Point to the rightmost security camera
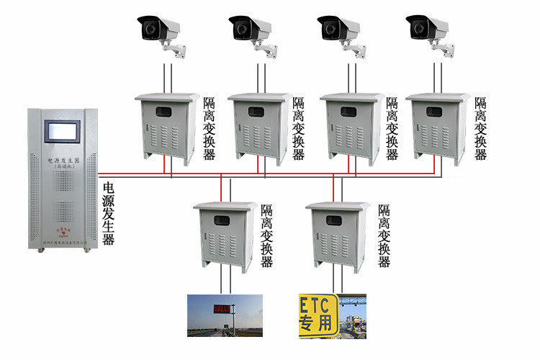click(431, 30)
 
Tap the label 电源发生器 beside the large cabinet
click(109, 214)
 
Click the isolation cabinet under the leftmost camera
click(167, 128)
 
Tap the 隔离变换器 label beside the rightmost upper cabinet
click(480, 129)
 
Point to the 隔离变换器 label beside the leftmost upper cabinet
click(210, 129)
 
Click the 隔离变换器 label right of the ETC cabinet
click(384, 235)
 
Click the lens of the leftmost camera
click(150, 30)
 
